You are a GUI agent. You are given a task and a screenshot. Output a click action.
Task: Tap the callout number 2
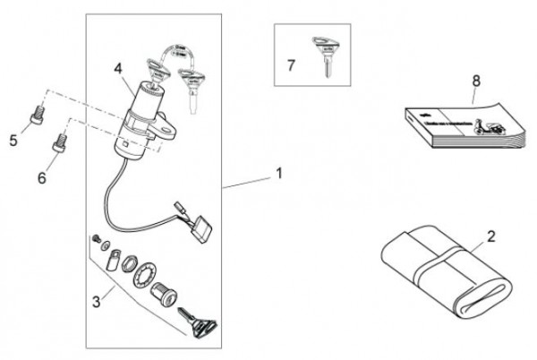tap(491, 237)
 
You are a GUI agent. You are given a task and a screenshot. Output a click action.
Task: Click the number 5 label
tap(13, 140)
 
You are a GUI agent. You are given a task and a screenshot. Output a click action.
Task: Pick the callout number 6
tap(41, 177)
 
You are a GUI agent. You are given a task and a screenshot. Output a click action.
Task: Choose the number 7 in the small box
tap(290, 65)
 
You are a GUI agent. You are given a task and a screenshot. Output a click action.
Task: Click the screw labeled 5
tap(36, 115)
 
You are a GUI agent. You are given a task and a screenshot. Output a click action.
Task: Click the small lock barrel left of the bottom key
tap(166, 293)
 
